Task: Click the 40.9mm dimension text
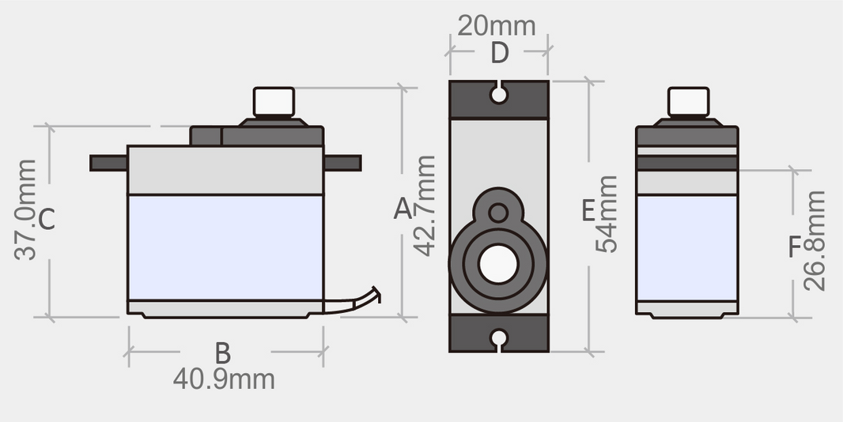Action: tap(224, 379)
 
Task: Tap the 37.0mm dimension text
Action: tap(25, 209)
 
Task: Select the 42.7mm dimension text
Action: tap(425, 205)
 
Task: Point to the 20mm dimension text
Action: tap(497, 25)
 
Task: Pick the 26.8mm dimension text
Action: tap(815, 240)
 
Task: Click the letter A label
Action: tap(403, 209)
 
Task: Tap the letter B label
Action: tap(223, 353)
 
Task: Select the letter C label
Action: tap(47, 219)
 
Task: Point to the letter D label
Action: tap(499, 54)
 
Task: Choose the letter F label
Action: tap(796, 247)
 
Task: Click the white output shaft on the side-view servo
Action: tap(274, 101)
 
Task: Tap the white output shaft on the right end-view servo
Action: tap(688, 102)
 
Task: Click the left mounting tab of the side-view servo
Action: tap(108, 164)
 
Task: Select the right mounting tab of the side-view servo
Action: tap(342, 164)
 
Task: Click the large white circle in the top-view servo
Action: tap(497, 264)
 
